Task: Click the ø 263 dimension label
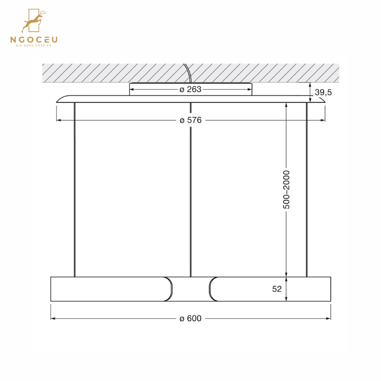[190, 89]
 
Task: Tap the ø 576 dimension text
[190, 120]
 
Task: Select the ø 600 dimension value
[190, 318]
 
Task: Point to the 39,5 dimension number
[323, 93]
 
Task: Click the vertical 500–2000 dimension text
[287, 189]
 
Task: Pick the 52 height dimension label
[277, 289]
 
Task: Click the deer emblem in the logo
[34, 21]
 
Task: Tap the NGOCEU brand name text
[34, 40]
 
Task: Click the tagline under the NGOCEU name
[34, 46]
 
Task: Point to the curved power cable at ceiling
[188, 73]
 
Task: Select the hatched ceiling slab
[106, 73]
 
